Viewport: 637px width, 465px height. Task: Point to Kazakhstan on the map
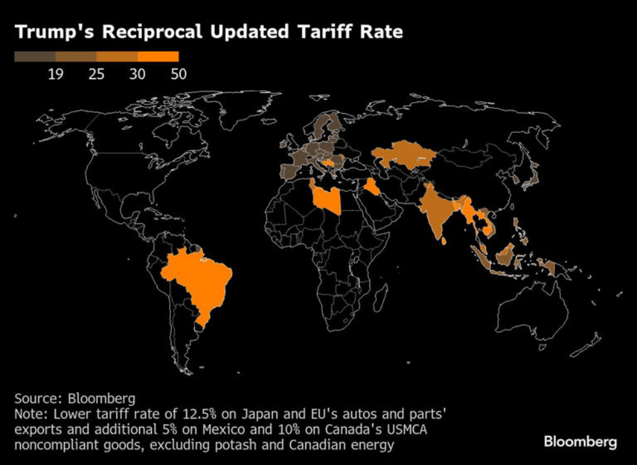(x=403, y=155)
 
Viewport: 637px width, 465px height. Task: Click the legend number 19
(x=56, y=74)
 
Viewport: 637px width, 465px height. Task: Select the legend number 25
(x=96, y=74)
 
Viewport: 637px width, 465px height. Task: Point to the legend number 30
(x=137, y=74)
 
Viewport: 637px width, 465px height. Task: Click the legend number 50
(x=178, y=74)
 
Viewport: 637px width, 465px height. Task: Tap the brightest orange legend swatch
(x=157, y=57)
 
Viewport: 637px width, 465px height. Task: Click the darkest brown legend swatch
(x=35, y=57)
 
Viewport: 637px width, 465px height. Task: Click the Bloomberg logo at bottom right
(x=580, y=442)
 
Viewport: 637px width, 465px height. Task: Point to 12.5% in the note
(x=189, y=413)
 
